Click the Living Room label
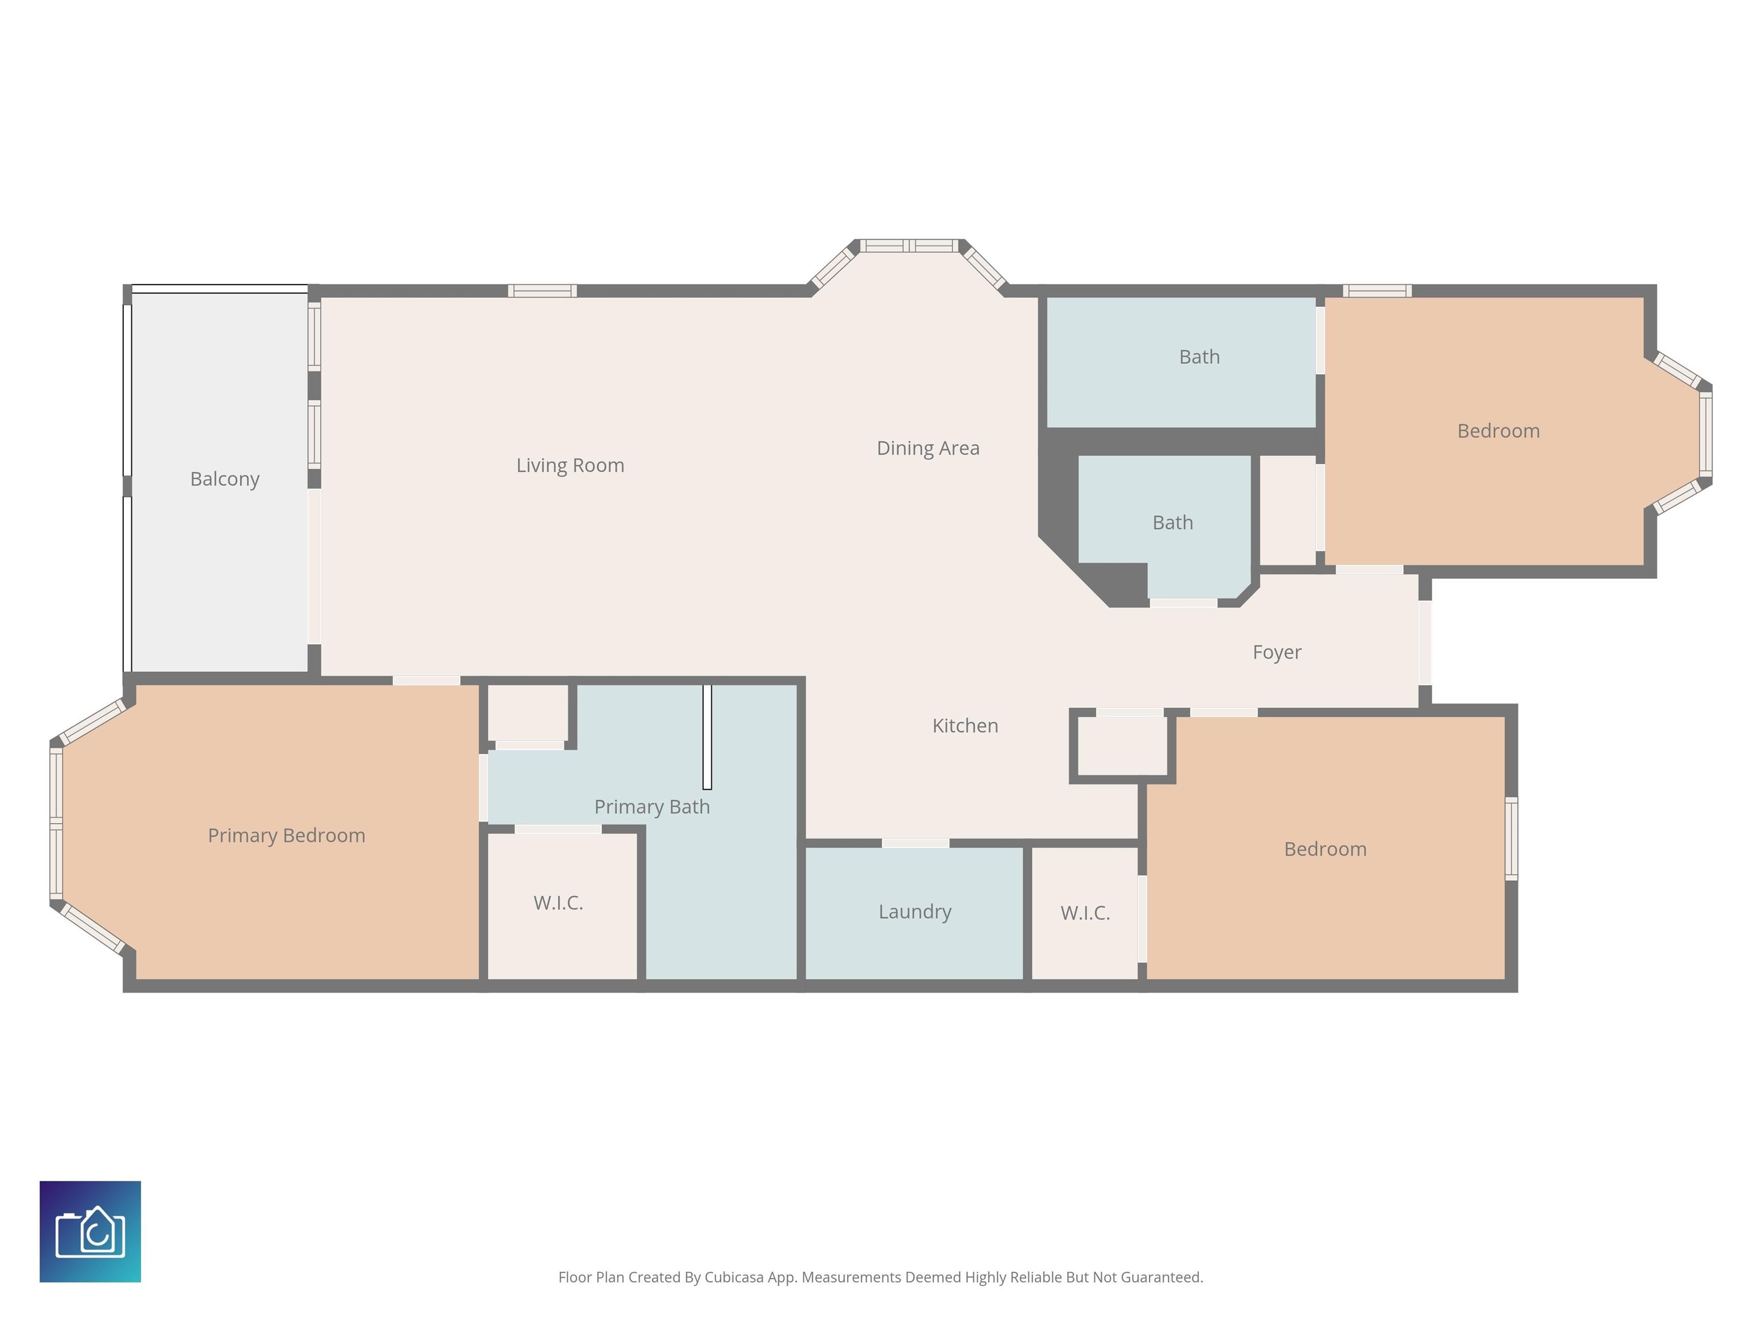(570, 465)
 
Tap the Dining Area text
(928, 449)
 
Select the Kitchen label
(965, 726)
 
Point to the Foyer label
(1277, 652)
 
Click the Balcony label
(225, 479)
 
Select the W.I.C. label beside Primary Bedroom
(559, 903)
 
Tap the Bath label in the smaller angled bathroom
(1172, 523)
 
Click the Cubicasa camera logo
(90, 1231)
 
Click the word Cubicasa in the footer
(734, 1277)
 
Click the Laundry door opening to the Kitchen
(915, 843)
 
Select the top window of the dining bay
(910, 246)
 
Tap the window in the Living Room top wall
(543, 291)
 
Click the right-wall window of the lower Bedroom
(1511, 838)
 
